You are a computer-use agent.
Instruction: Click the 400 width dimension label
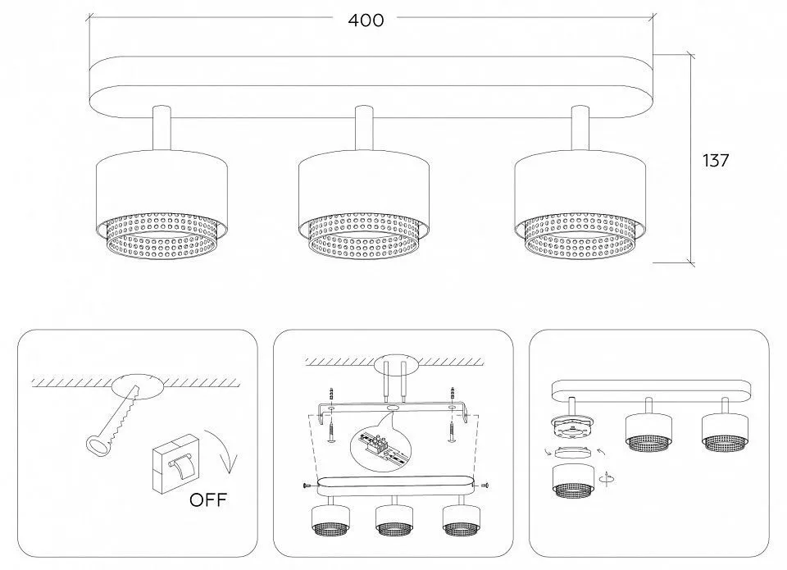[x=366, y=20]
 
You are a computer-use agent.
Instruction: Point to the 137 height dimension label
[x=715, y=160]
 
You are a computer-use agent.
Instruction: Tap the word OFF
[x=208, y=499]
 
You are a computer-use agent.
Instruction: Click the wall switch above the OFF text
[x=174, y=462]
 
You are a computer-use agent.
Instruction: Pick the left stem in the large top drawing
[x=161, y=128]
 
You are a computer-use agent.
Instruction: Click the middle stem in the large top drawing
[x=364, y=128]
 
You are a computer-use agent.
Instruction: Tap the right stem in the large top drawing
[x=580, y=128]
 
